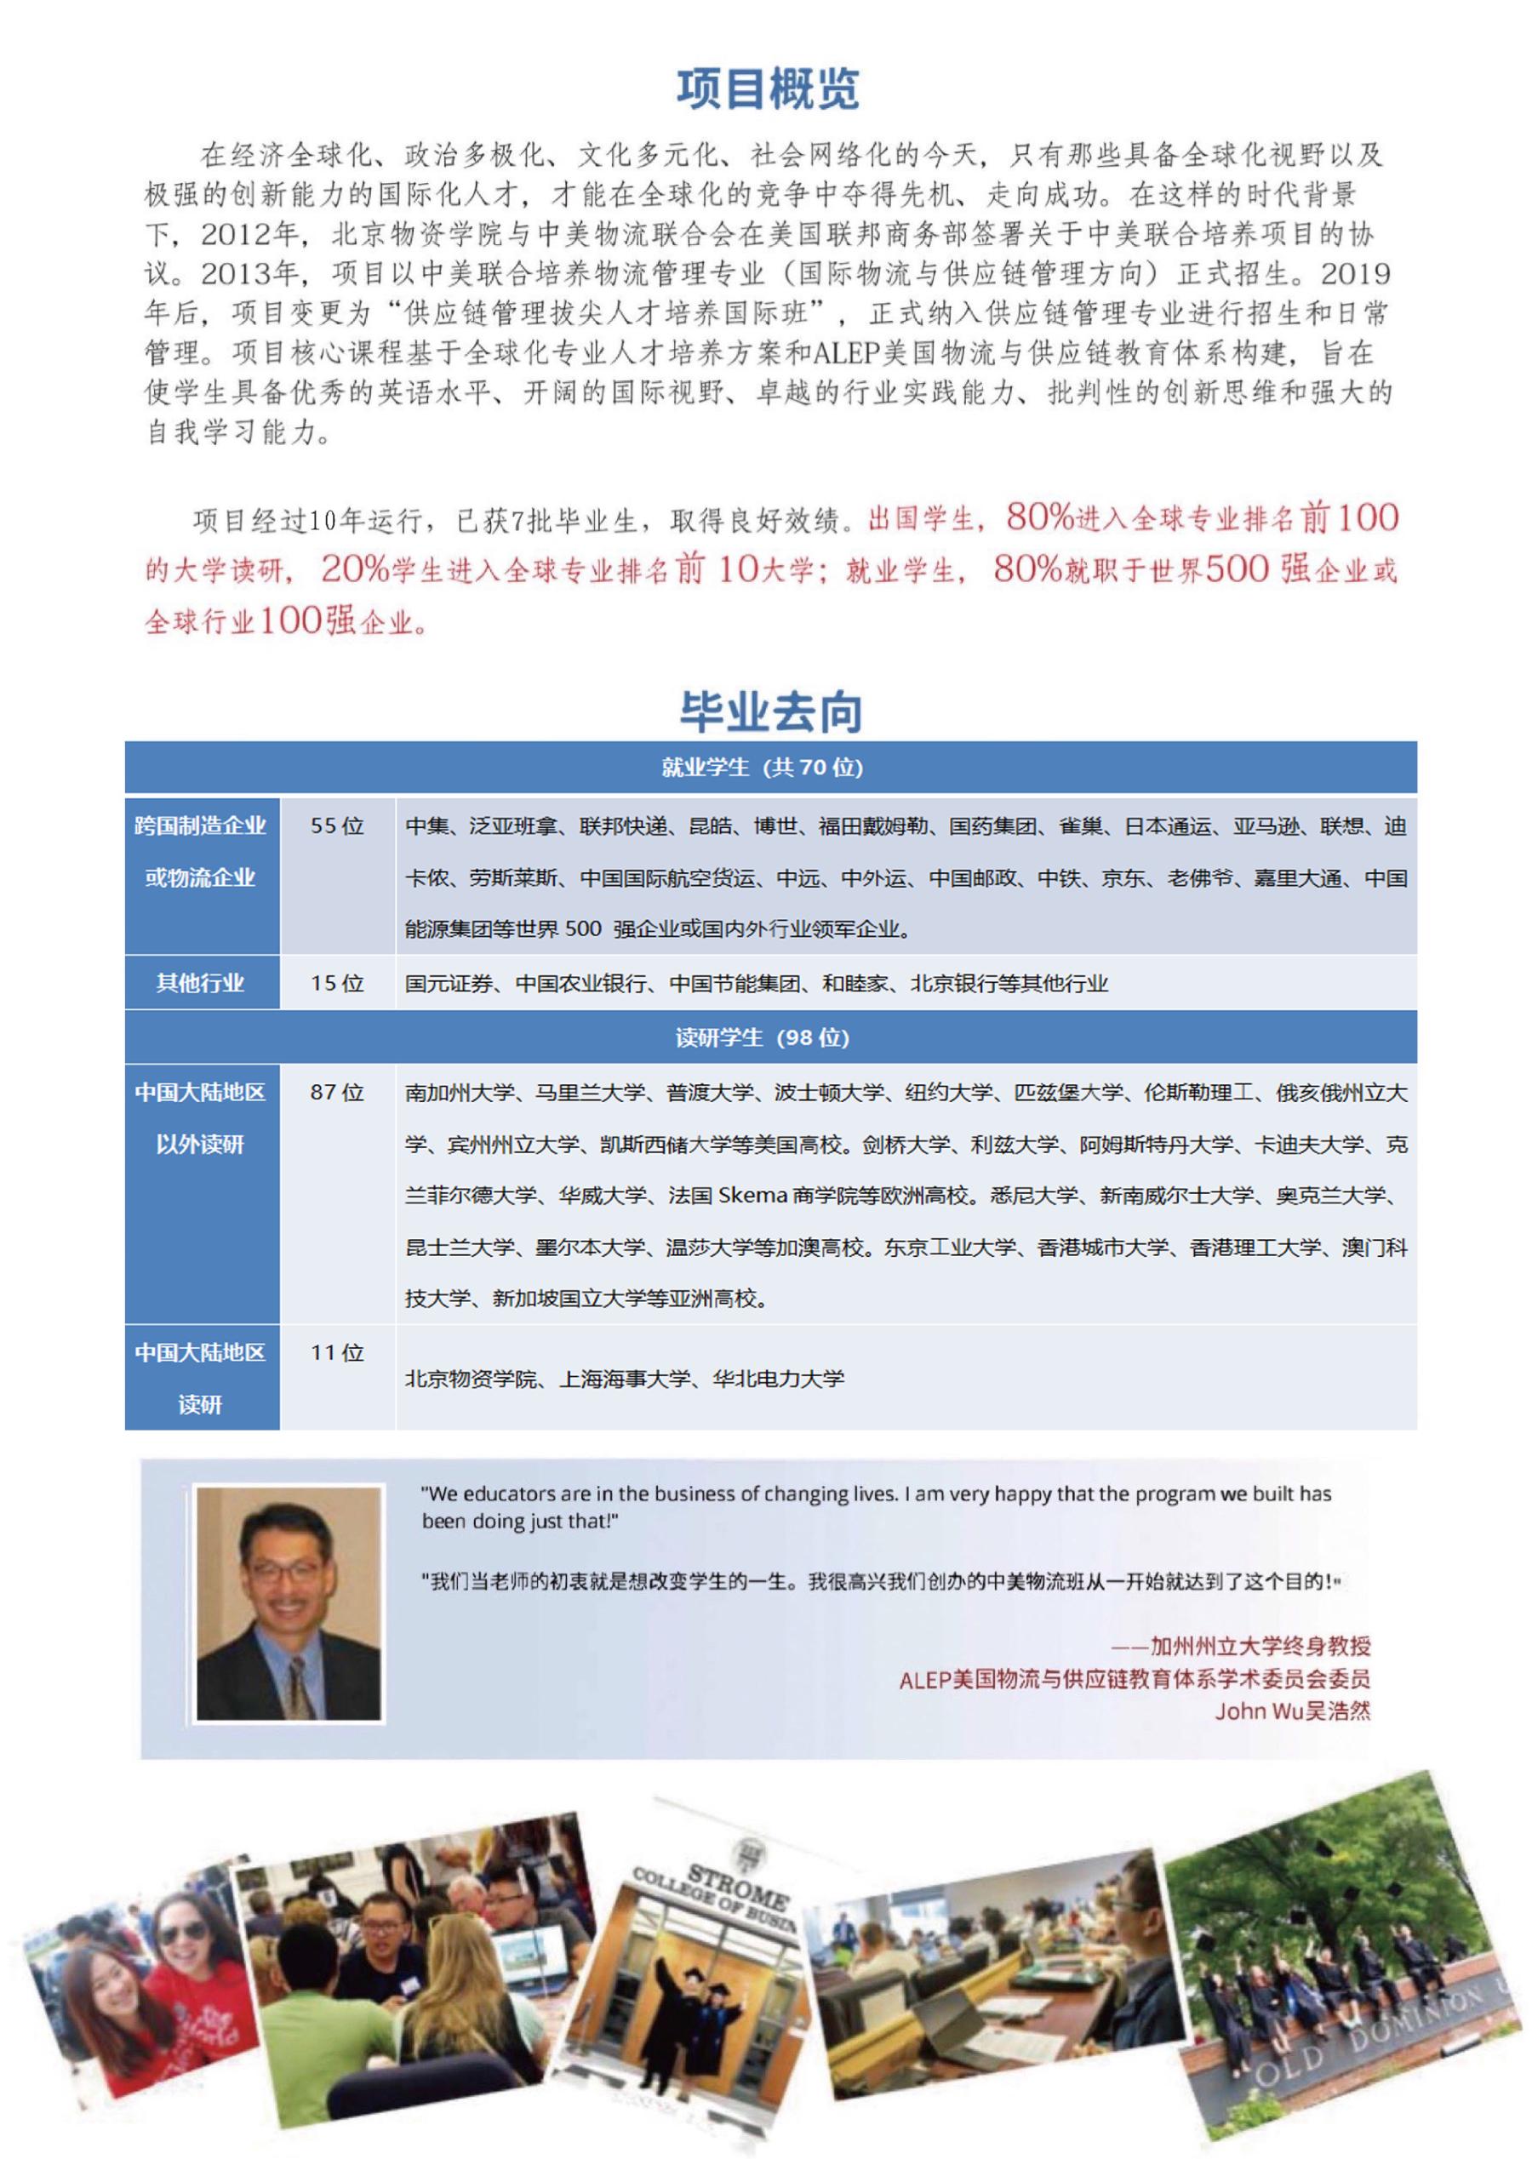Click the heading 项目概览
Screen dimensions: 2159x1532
(x=767, y=89)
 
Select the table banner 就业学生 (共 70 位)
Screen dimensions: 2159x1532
(x=763, y=768)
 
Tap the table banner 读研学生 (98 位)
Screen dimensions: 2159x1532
(x=763, y=1038)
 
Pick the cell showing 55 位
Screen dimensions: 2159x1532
(x=337, y=826)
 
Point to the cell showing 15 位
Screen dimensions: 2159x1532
(x=337, y=984)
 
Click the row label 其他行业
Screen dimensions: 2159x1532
(x=200, y=984)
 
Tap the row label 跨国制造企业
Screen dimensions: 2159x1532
(x=200, y=826)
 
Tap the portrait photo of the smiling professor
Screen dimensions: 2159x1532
(x=289, y=1603)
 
